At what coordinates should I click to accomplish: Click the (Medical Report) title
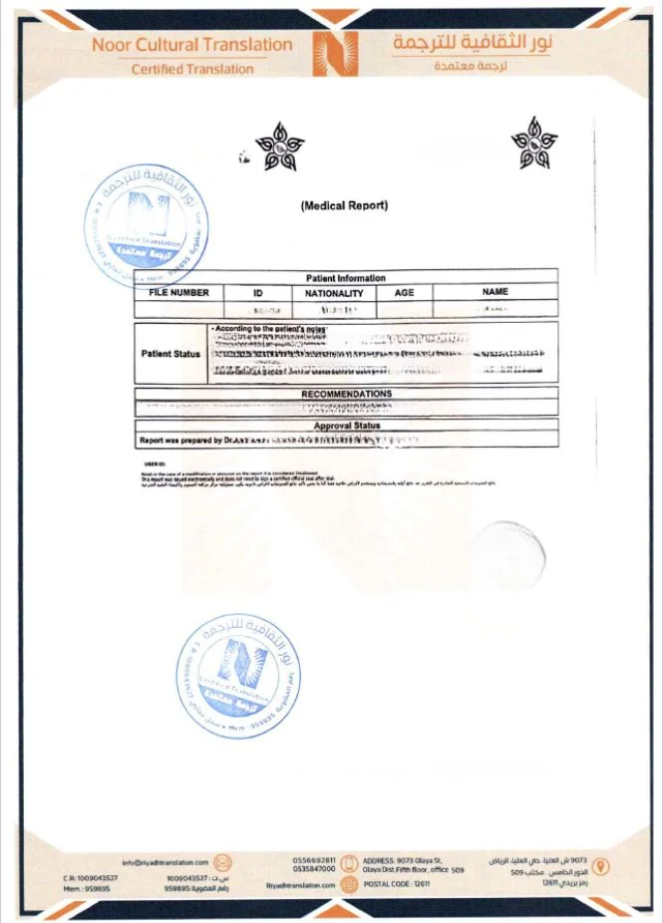(344, 206)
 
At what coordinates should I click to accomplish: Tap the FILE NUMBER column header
(179, 293)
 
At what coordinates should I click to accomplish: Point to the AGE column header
(404, 293)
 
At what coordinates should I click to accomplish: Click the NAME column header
(495, 292)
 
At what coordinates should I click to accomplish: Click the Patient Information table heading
(346, 278)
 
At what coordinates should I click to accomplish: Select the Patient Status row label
(171, 353)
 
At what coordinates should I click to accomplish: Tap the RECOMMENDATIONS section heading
(346, 394)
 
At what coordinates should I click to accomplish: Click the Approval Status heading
(346, 426)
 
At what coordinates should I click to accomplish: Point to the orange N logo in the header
(333, 53)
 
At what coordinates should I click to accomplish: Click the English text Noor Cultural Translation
(192, 45)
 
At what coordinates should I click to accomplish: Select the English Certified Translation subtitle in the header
(192, 69)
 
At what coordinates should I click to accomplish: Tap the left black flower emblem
(278, 151)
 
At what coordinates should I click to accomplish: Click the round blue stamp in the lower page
(236, 674)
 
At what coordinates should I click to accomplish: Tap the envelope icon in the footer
(224, 862)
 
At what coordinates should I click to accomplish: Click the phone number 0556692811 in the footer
(314, 859)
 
